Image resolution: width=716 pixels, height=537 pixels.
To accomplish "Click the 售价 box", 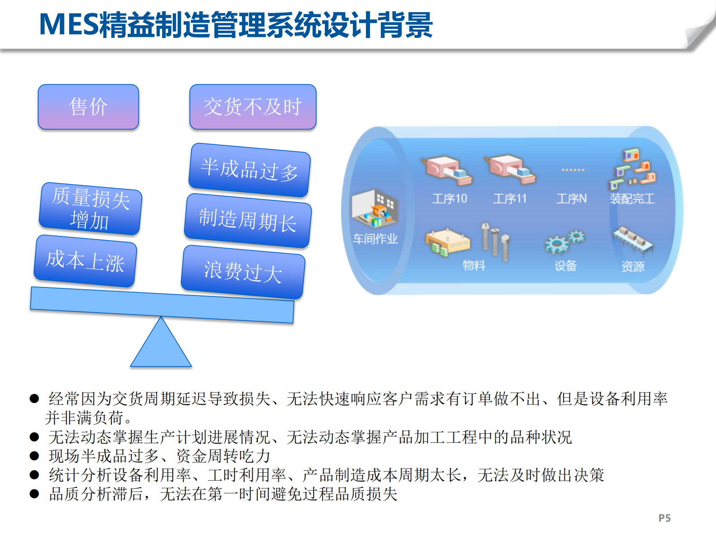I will tap(88, 107).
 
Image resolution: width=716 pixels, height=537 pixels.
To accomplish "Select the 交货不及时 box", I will tap(253, 107).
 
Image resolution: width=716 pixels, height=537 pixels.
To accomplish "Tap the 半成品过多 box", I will tap(249, 170).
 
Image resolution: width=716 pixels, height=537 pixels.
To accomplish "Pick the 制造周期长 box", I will tap(248, 221).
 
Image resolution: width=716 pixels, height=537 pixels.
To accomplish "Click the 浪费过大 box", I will tap(243, 272).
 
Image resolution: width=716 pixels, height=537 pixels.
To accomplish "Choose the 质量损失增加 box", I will tap(90, 209).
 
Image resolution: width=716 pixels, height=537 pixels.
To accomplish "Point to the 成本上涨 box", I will tap(85, 261).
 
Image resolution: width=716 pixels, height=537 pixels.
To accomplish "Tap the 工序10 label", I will tap(449, 199).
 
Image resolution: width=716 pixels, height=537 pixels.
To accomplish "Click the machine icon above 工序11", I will tap(510, 169).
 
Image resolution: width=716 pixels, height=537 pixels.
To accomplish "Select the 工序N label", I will tap(572, 199).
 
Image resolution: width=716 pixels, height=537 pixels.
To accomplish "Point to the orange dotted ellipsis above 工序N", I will tap(573, 170).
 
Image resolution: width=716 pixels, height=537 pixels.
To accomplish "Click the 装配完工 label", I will tap(632, 199).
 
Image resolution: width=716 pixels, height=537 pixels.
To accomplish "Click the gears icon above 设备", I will tap(565, 242).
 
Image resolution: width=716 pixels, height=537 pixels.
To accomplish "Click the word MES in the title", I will tap(68, 24).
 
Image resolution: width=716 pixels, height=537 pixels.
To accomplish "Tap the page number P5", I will tap(664, 518).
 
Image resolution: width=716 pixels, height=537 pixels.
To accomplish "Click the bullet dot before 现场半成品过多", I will tap(34, 456).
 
